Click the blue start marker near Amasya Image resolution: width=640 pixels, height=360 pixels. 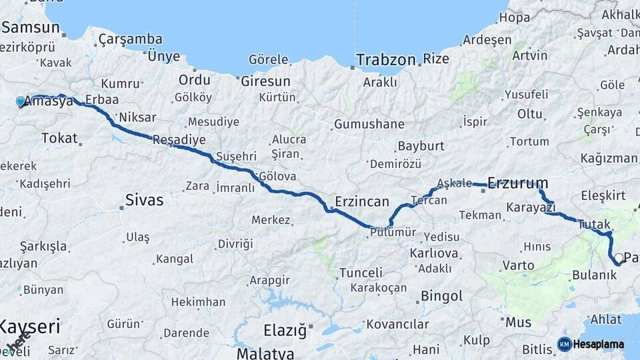21,102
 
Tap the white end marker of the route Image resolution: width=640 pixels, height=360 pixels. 619,258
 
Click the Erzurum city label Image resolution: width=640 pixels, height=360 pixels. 518,183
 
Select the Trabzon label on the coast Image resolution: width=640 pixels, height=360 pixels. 385,59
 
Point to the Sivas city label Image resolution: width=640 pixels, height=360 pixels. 144,199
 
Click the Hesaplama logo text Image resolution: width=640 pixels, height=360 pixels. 599,345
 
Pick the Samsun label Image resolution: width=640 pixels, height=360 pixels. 31,28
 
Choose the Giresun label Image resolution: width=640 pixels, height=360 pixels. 265,81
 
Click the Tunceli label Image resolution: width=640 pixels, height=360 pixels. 361,273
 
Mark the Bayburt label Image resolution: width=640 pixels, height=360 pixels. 421,145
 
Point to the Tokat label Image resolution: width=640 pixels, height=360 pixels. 59,138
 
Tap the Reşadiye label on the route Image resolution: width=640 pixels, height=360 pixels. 179,140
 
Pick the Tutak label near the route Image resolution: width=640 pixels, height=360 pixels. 593,224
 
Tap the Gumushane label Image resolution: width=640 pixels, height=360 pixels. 369,124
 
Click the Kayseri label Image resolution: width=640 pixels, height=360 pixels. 30,327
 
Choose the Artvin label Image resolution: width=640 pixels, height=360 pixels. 529,55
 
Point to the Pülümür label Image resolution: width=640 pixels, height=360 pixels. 393,232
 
